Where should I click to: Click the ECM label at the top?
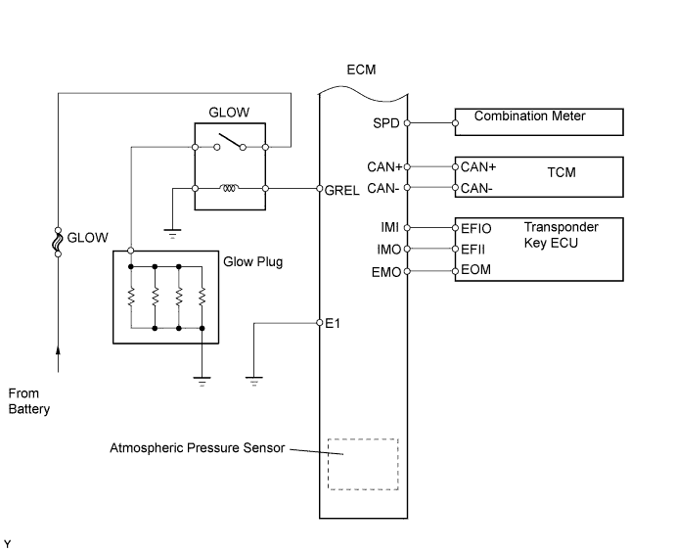tap(361, 70)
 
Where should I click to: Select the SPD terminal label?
tap(386, 123)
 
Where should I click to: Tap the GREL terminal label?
tap(341, 189)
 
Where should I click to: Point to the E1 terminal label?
tap(332, 322)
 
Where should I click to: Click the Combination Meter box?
tap(539, 122)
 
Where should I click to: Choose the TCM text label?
tap(562, 172)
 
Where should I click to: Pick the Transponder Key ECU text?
tap(561, 234)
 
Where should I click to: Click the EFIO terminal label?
tap(476, 227)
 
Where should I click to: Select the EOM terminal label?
tap(474, 271)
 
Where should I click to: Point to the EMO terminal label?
tap(385, 271)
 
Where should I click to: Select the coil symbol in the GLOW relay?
tap(232, 188)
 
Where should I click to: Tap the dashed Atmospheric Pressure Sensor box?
tap(362, 463)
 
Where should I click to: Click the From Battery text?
tap(28, 401)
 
